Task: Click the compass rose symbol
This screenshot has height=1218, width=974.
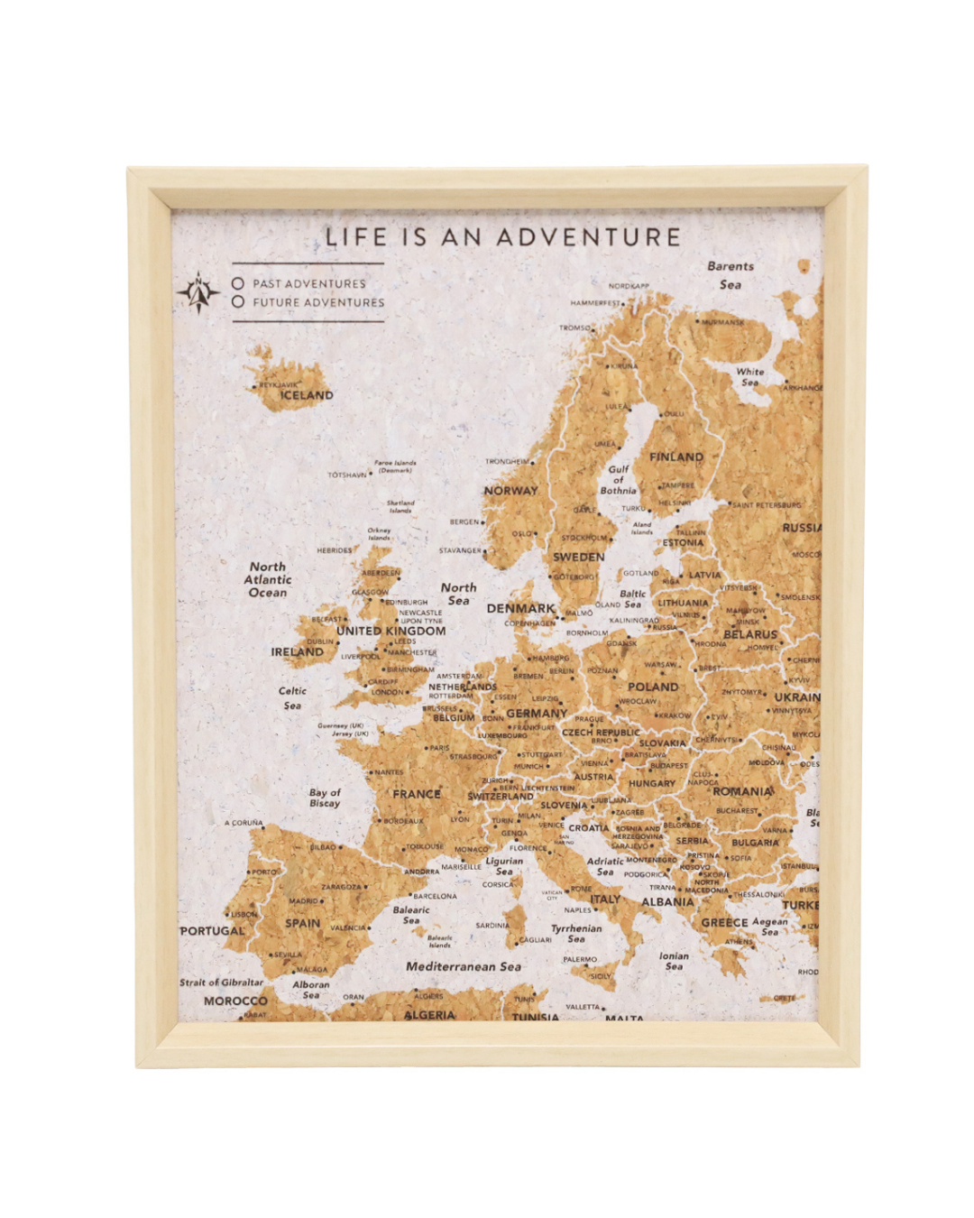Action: pos(198,293)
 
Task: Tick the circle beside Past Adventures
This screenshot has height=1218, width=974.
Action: pos(238,283)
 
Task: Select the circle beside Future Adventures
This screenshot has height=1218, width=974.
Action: pos(238,302)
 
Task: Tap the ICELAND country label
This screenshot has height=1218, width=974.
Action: pos(307,395)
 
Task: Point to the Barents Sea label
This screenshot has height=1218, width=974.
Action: pos(730,275)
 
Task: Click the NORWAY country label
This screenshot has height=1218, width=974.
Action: pos(510,491)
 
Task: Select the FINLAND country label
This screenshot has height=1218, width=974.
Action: pos(676,457)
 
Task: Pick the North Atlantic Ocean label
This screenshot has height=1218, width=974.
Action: pos(268,580)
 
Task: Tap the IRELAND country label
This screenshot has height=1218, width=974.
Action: pos(297,651)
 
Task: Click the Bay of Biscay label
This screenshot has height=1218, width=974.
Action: pos(325,798)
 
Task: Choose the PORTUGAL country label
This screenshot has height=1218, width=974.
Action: pos(212,931)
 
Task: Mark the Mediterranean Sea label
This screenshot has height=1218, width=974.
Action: pos(464,966)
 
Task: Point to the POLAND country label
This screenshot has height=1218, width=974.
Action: pos(653,687)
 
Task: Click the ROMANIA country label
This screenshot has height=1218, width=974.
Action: pos(742,791)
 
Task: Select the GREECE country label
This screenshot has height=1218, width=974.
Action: pos(724,923)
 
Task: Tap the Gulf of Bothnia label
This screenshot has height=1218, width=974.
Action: pos(619,480)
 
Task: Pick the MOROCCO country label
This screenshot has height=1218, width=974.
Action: pos(235,1001)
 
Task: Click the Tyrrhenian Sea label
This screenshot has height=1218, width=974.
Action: pos(576,933)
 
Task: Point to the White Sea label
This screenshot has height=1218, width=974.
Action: pos(749,377)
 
